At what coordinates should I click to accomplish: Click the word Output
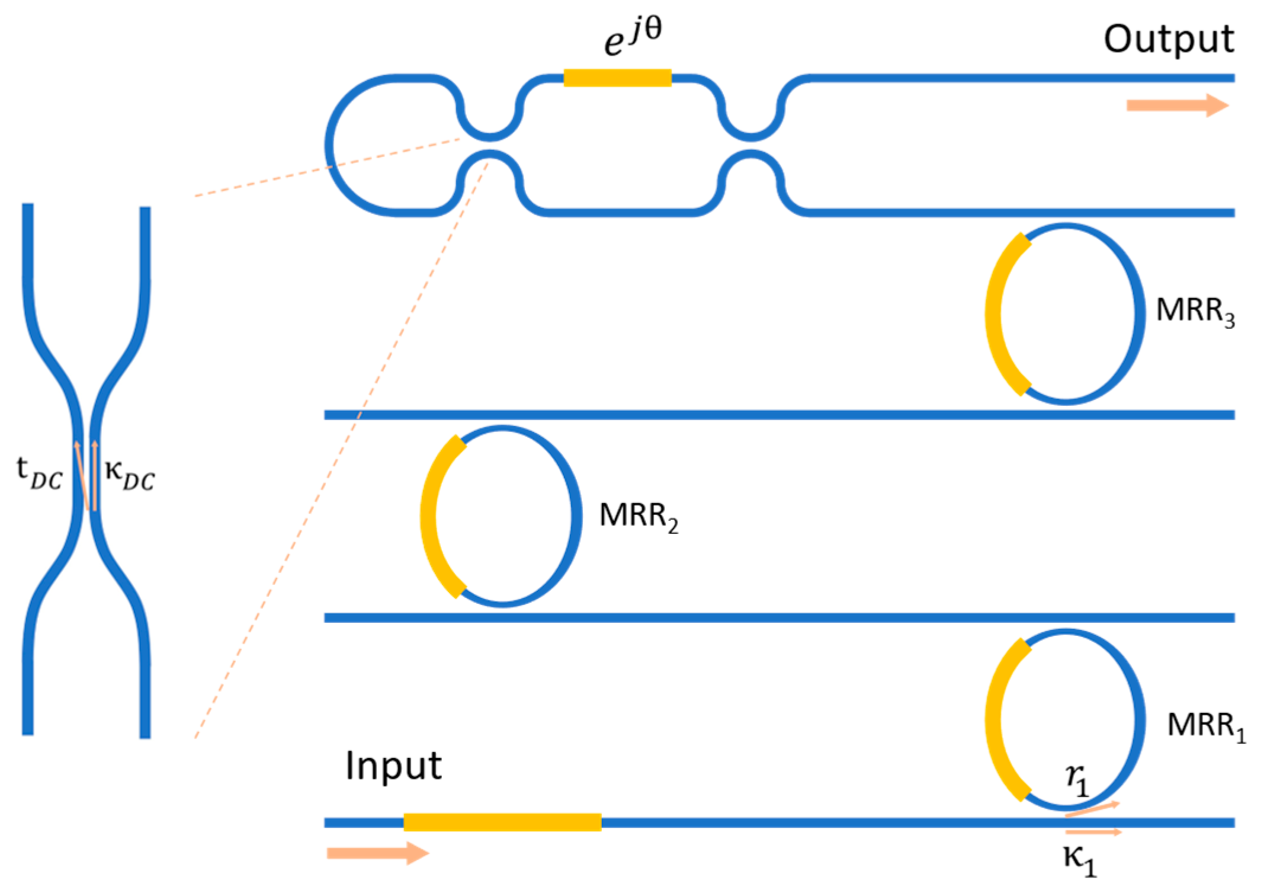point(1168,40)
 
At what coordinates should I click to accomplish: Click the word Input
point(393,766)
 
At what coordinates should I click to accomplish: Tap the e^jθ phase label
point(632,37)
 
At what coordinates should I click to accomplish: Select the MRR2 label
point(638,516)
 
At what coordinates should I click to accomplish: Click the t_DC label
point(39,473)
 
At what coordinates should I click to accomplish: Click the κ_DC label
point(130,475)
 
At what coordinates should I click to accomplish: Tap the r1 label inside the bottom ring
point(1076,779)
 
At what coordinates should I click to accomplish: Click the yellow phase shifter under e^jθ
point(617,78)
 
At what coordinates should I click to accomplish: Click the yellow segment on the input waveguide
point(502,822)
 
